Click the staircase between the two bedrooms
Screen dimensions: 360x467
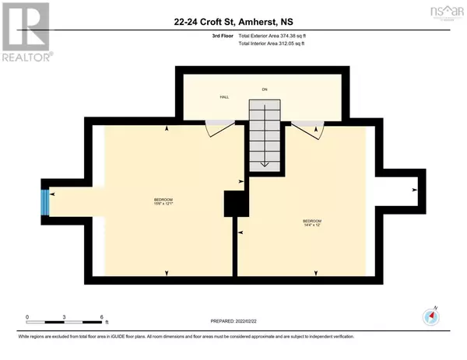point(265,133)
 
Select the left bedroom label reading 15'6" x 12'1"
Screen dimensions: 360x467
point(163,204)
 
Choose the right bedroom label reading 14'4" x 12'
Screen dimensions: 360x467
point(311,224)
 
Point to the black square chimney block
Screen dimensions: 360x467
point(234,204)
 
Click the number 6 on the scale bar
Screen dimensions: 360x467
point(102,317)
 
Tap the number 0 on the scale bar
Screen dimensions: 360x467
point(27,317)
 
